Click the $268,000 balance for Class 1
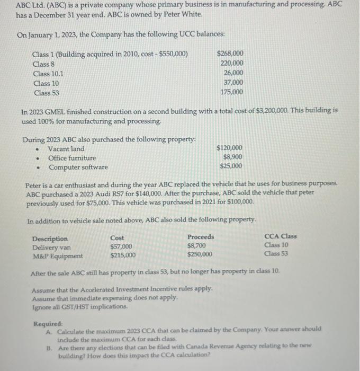230,54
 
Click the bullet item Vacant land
66,149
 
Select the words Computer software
78,167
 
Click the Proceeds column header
201,237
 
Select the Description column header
50,238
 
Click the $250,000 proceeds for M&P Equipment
200,254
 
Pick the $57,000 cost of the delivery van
121,246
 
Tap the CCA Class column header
280,236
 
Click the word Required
48,323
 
